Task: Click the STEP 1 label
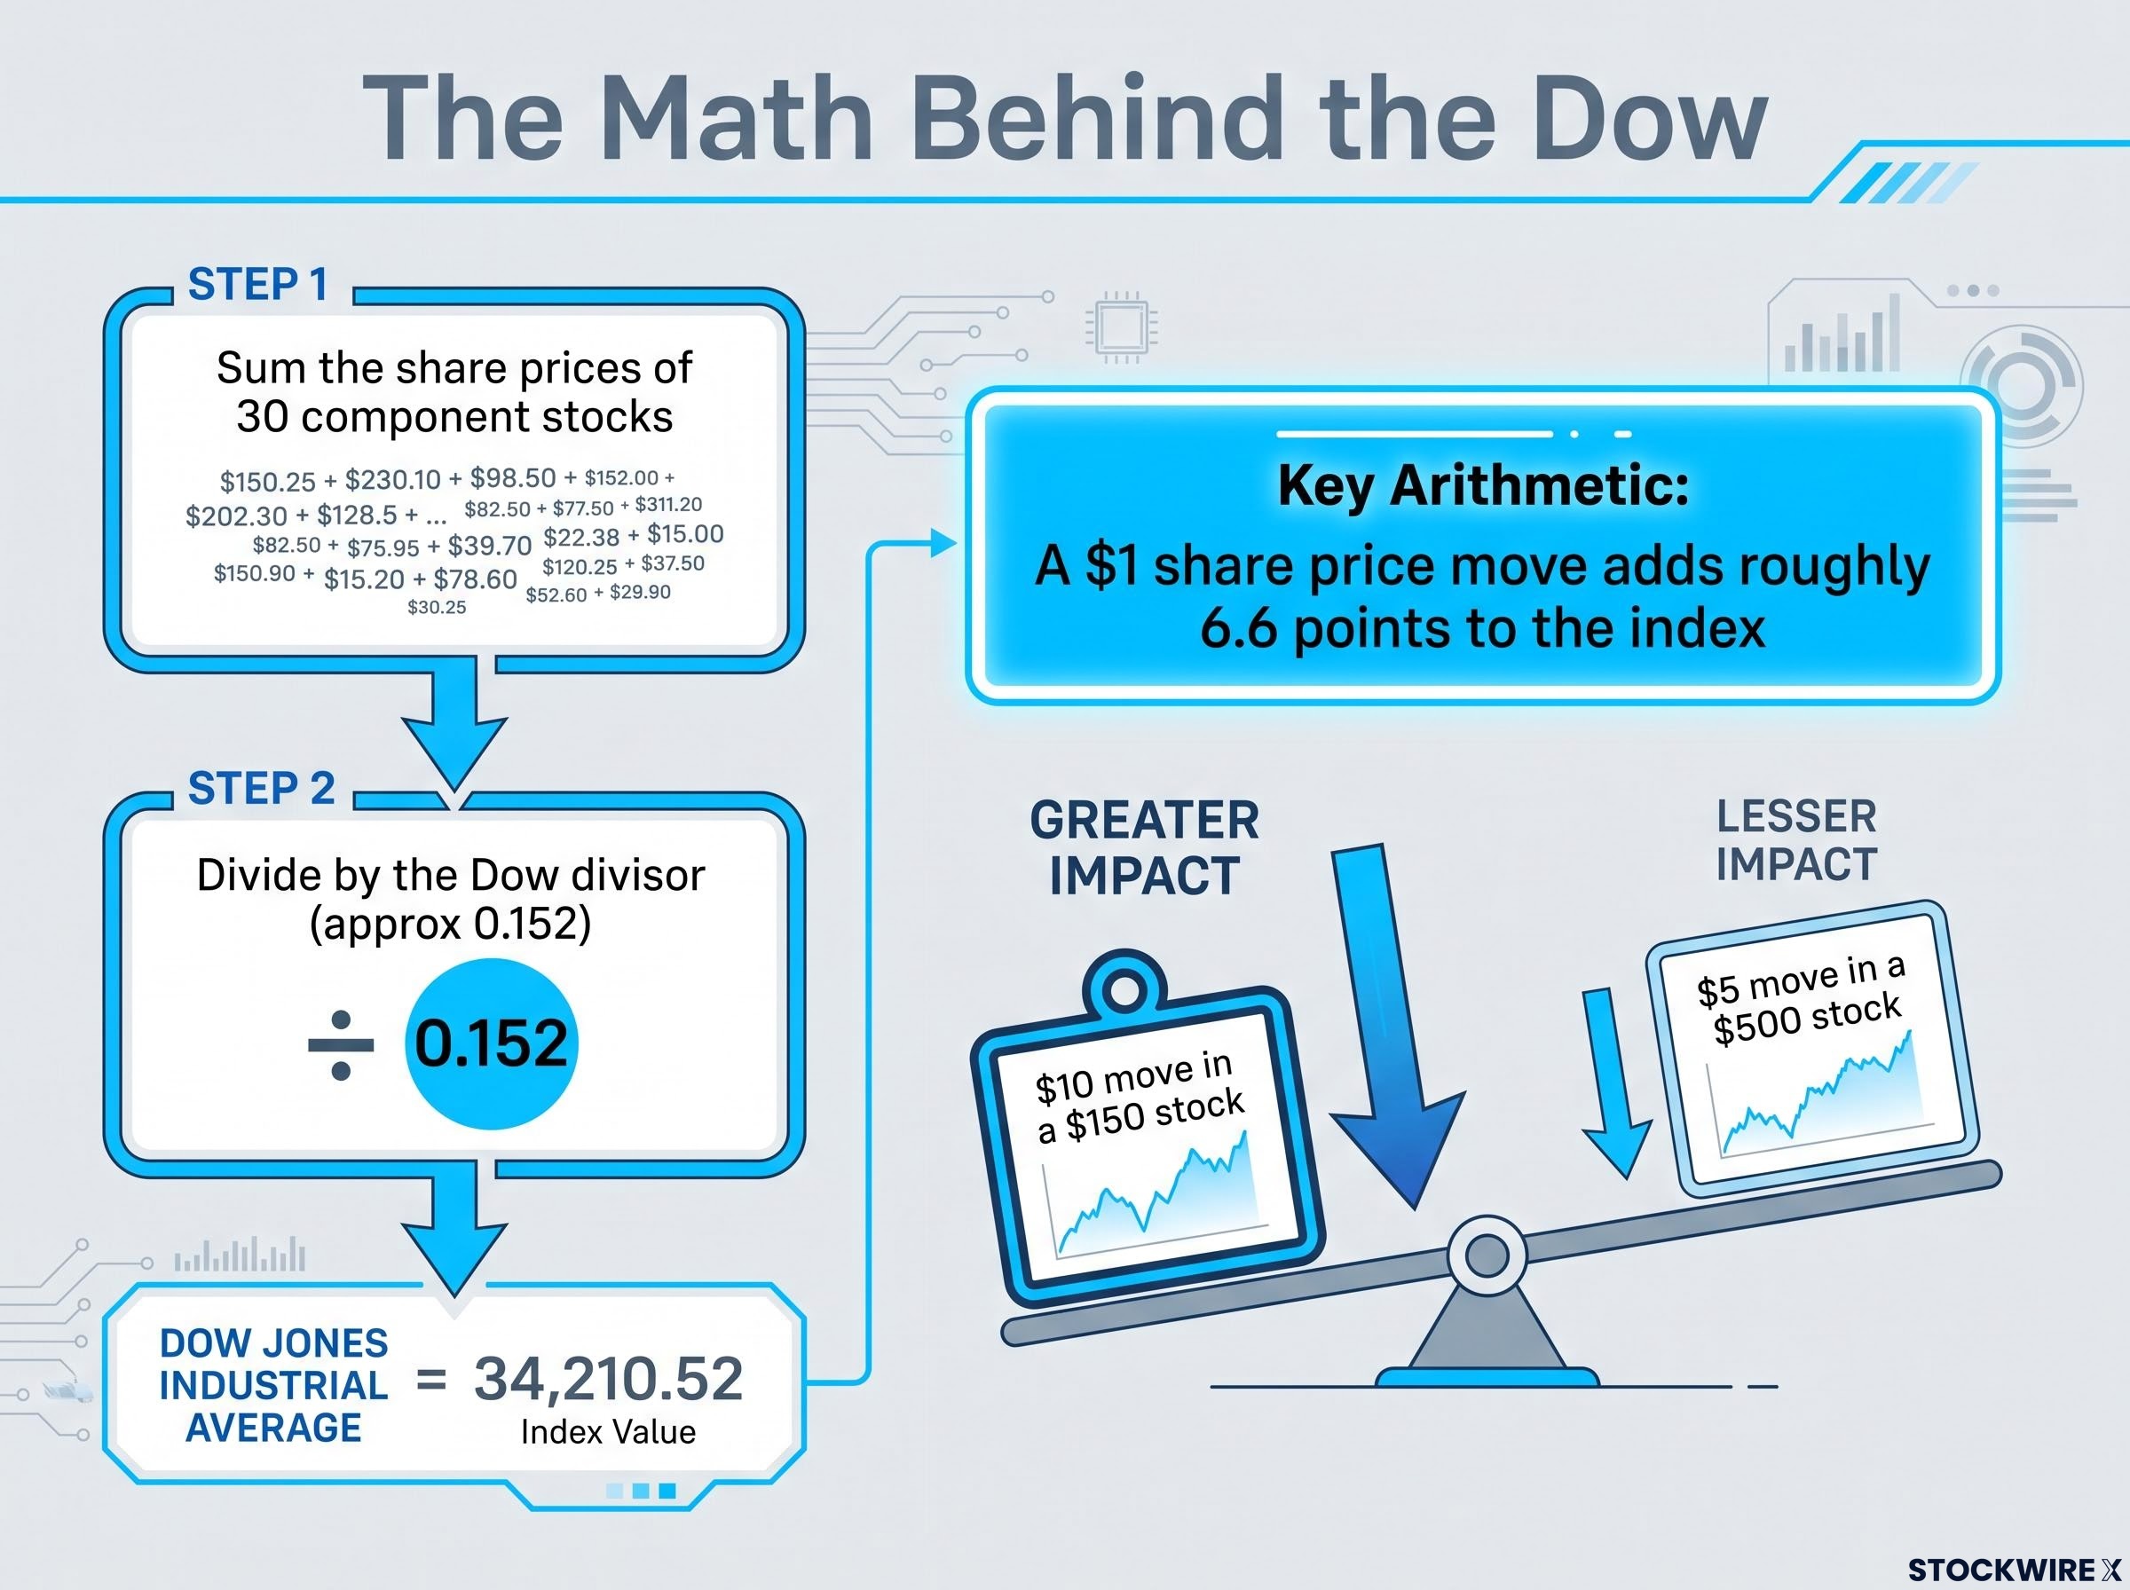pyautogui.click(x=258, y=285)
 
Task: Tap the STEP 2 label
pyautogui.click(x=262, y=788)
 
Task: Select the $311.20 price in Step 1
pyautogui.click(x=668, y=504)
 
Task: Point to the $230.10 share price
pyautogui.click(x=392, y=479)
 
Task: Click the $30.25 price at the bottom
pyautogui.click(x=437, y=607)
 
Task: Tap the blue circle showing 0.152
pyautogui.click(x=491, y=1043)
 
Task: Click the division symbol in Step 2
pyautogui.click(x=341, y=1045)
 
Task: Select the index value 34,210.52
pyautogui.click(x=608, y=1378)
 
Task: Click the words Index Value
pyautogui.click(x=608, y=1432)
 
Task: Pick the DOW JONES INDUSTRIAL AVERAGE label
pyautogui.click(x=273, y=1385)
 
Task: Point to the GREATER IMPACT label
pyautogui.click(x=1144, y=848)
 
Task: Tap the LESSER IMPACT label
pyautogui.click(x=1796, y=840)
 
